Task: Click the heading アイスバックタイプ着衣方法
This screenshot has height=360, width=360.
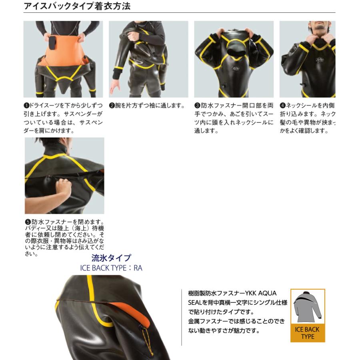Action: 77,7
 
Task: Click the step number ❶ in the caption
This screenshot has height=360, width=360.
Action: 26,106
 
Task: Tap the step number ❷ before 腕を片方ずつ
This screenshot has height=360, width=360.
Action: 112,106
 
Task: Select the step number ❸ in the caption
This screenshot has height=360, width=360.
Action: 197,106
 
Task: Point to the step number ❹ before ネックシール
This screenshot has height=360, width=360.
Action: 282,106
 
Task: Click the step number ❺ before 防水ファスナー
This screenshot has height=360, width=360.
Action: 28,222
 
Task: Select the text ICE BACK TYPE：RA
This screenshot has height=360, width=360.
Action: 111,268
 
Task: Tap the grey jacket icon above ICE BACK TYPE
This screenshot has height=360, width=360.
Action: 307,308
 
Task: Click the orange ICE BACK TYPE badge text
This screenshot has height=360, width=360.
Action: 307,333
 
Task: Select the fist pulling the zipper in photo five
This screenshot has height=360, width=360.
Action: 63,186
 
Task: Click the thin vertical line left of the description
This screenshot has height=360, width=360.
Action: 182,316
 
